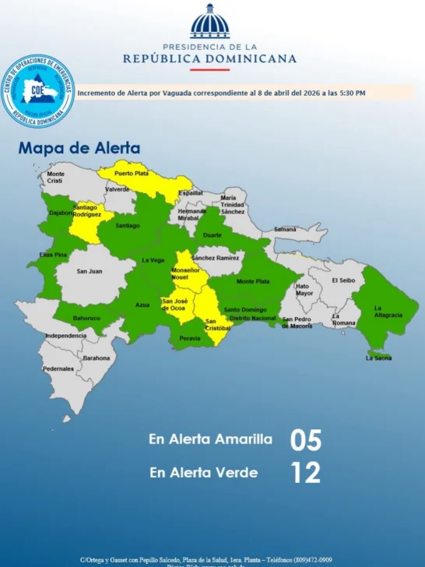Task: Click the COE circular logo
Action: pos(38,92)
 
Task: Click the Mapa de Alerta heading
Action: pos(79,148)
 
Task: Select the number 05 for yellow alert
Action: pos(305,440)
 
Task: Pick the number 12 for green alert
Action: pos(304,473)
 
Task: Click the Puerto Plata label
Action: pos(131,173)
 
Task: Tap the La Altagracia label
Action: pos(388,311)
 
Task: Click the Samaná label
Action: pos(285,229)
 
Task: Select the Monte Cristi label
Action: pos(55,178)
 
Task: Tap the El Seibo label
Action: pos(343,280)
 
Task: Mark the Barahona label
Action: pos(97,358)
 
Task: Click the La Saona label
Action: pos(379,359)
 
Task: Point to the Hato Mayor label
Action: pos(304,290)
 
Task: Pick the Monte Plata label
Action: pos(253,281)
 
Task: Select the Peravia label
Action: pos(190,338)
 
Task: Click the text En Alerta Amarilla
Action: pos(210,439)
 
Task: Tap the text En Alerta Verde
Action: pos(203,472)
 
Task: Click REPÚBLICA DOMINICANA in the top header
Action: pos(210,58)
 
